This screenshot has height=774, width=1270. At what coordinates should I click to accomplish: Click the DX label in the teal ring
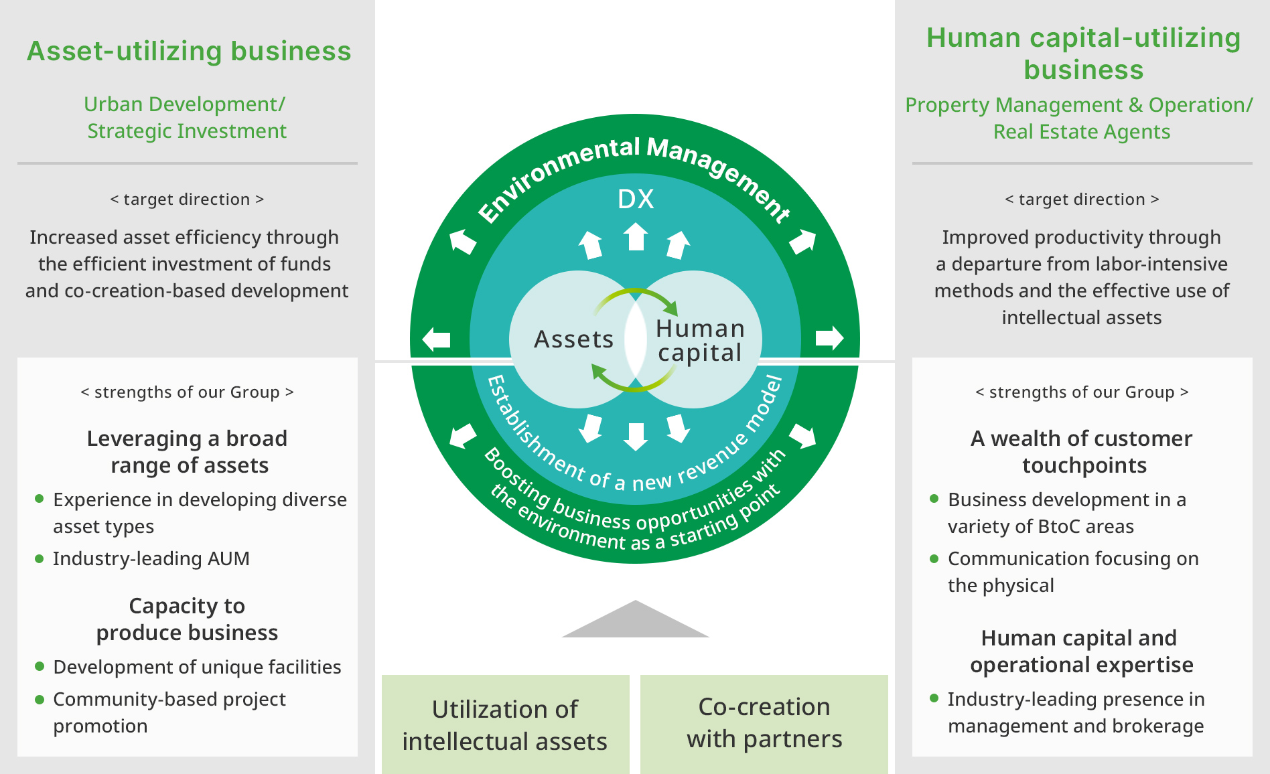coord(635,199)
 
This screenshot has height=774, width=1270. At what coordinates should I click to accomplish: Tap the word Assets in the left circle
coord(573,339)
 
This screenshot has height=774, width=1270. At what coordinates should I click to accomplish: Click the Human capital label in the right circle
coord(700,340)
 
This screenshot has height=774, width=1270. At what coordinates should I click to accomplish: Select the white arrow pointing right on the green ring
coord(829,338)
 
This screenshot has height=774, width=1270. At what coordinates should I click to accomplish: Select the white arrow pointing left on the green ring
coord(437,339)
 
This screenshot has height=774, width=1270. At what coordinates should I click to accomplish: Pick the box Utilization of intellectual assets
coord(505,724)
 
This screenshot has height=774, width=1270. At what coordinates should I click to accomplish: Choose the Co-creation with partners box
coord(764,723)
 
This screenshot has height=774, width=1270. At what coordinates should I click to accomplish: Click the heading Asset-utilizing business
coord(189,51)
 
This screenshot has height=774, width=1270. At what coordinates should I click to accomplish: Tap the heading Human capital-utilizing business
coord(1083,54)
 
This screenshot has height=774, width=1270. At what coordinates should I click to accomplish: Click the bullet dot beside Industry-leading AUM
coord(40,558)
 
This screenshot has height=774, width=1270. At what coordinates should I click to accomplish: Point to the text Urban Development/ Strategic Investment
coord(186,118)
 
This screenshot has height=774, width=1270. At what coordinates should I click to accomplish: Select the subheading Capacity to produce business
coord(187,619)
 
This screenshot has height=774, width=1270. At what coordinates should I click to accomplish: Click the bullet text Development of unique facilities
coord(197,667)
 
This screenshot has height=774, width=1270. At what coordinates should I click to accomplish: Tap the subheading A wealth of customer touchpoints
coord(1082,452)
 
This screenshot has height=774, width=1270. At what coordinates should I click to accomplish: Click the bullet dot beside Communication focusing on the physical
coord(934,558)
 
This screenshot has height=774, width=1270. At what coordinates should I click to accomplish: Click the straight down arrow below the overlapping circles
coord(636,436)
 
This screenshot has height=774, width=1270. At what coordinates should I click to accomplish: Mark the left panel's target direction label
coord(187,200)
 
